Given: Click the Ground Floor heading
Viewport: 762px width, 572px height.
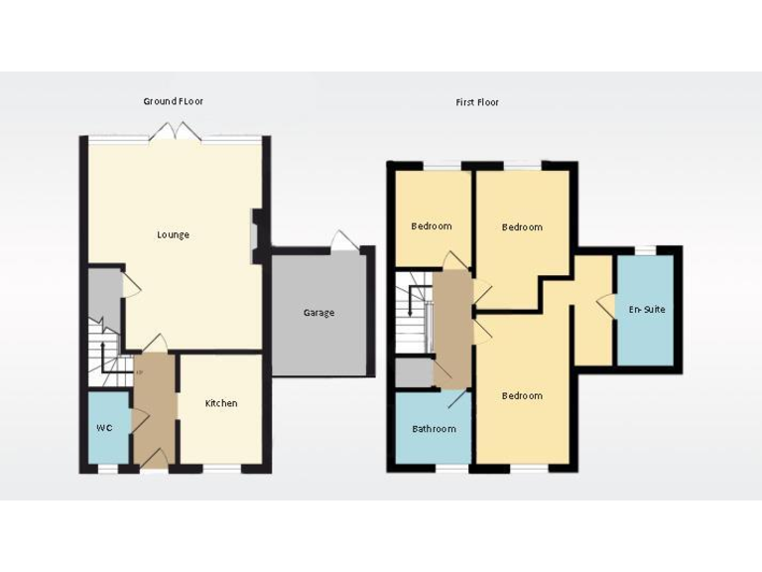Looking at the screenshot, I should tap(174, 101).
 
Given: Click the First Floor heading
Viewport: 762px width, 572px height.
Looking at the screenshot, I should tap(477, 102).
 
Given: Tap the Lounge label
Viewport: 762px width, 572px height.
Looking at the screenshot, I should tap(173, 235).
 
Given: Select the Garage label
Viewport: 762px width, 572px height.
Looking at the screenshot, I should tap(318, 313).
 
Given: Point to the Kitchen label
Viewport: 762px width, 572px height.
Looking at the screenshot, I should tap(221, 403).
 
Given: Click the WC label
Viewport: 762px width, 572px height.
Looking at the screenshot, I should tap(104, 428).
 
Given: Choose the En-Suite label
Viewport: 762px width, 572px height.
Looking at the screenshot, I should tap(647, 310).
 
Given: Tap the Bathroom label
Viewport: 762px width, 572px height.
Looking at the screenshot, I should tap(434, 429).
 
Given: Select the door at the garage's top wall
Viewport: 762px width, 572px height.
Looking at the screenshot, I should tap(341, 240).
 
